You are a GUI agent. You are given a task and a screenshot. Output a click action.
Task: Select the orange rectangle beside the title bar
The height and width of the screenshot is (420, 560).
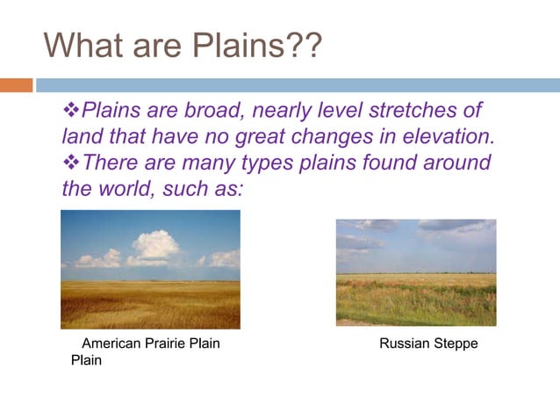coord(17,85)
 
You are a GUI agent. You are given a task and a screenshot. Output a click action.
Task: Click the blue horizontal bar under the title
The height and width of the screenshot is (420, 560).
coord(298,85)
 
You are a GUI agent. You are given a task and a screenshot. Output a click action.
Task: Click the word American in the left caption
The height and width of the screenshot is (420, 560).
coord(110,344)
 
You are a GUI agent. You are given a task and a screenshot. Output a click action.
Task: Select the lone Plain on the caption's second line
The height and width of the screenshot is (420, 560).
coord(86,360)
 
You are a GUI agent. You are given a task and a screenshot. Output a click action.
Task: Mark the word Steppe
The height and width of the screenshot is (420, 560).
coord(456,344)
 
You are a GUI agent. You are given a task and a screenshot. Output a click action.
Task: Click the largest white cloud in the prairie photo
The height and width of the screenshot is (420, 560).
coord(154,245)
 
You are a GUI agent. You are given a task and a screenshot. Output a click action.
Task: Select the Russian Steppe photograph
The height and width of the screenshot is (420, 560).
coord(415,272)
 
